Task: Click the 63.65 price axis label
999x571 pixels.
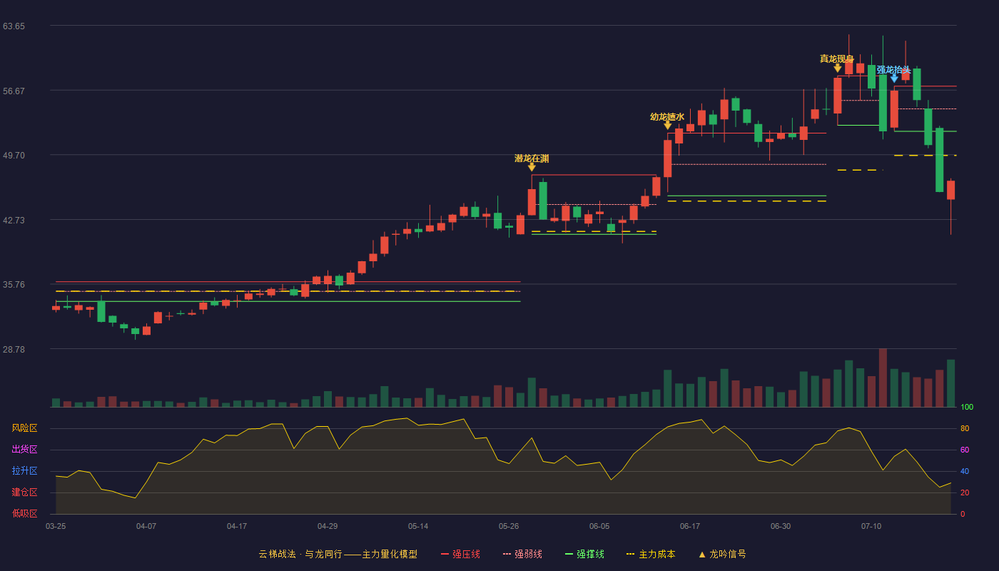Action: [14, 26]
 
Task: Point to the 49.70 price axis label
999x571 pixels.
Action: [14, 156]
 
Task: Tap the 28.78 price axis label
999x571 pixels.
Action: [14, 349]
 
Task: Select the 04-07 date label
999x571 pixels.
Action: [146, 527]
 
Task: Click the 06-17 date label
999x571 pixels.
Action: [690, 527]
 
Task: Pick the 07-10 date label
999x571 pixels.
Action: [871, 527]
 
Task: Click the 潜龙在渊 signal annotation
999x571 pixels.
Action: [532, 158]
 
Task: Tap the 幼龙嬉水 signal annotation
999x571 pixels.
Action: [667, 117]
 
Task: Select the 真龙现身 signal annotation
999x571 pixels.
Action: [836, 59]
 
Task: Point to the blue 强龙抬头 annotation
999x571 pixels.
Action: [893, 70]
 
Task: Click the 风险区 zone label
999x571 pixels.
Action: [24, 428]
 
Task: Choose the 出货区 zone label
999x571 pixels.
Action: [24, 449]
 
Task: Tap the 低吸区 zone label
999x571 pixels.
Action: [24, 513]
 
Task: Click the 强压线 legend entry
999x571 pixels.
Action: [461, 554]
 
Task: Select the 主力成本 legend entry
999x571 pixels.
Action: [651, 554]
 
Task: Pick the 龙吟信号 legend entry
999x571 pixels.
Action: [722, 554]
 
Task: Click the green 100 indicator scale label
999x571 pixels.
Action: [967, 407]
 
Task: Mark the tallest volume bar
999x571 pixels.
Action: [883, 378]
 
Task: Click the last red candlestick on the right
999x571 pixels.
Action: [950, 190]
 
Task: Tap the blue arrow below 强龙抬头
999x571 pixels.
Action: [894, 79]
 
